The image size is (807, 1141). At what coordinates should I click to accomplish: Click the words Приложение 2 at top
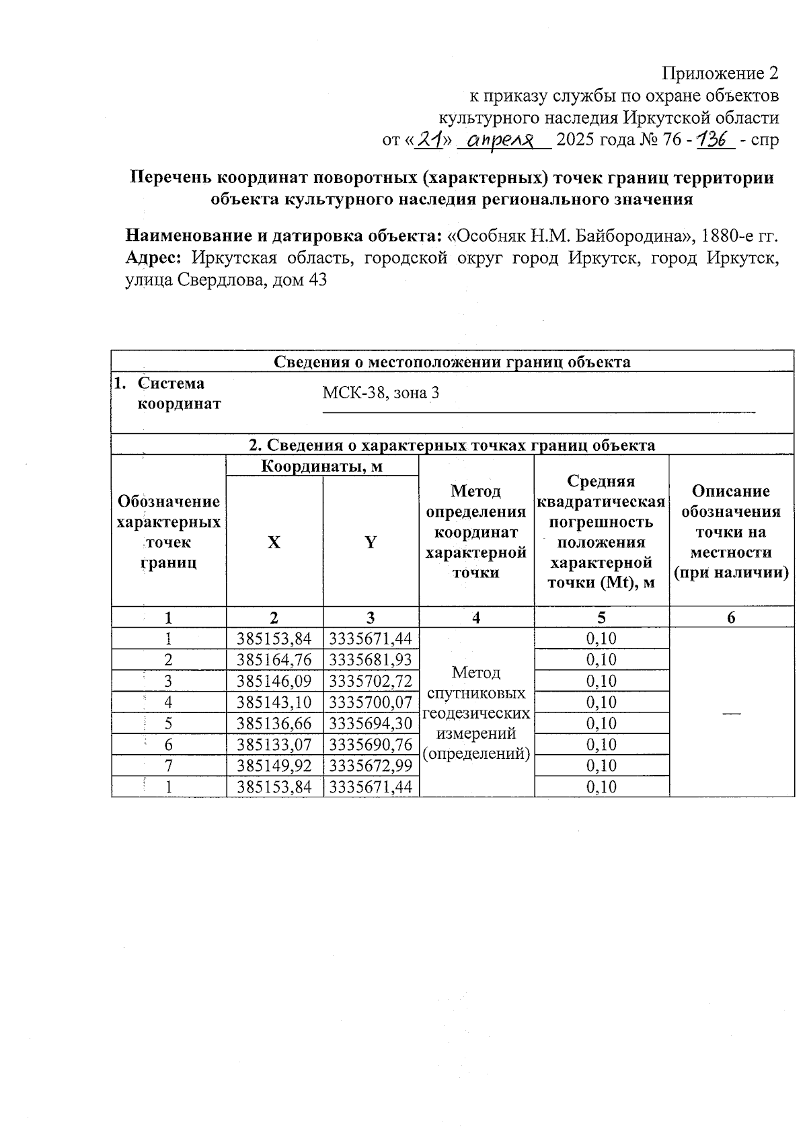pyautogui.click(x=720, y=73)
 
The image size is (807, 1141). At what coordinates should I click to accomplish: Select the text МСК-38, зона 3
pyautogui.click(x=381, y=393)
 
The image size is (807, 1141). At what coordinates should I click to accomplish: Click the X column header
pyautogui.click(x=274, y=542)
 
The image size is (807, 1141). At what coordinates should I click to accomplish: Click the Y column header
pyautogui.click(x=371, y=542)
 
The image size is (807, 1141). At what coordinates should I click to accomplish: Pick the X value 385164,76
pyautogui.click(x=274, y=660)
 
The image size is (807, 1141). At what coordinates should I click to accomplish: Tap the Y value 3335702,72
pyautogui.click(x=371, y=682)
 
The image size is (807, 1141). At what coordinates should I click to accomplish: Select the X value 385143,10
pyautogui.click(x=274, y=702)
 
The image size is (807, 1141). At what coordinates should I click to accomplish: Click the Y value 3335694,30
pyautogui.click(x=371, y=724)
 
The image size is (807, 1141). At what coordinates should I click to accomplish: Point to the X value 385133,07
pyautogui.click(x=274, y=745)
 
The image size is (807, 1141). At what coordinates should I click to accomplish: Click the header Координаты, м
pyautogui.click(x=322, y=466)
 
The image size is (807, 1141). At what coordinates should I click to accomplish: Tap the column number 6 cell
pyautogui.click(x=731, y=618)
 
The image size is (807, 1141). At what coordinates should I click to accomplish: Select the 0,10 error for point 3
pyautogui.click(x=601, y=682)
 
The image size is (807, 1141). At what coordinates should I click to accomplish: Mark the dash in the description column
pyautogui.click(x=731, y=712)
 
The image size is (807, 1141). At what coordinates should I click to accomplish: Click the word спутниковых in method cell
pyautogui.click(x=476, y=693)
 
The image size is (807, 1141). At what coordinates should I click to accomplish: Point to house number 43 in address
pyautogui.click(x=317, y=280)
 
